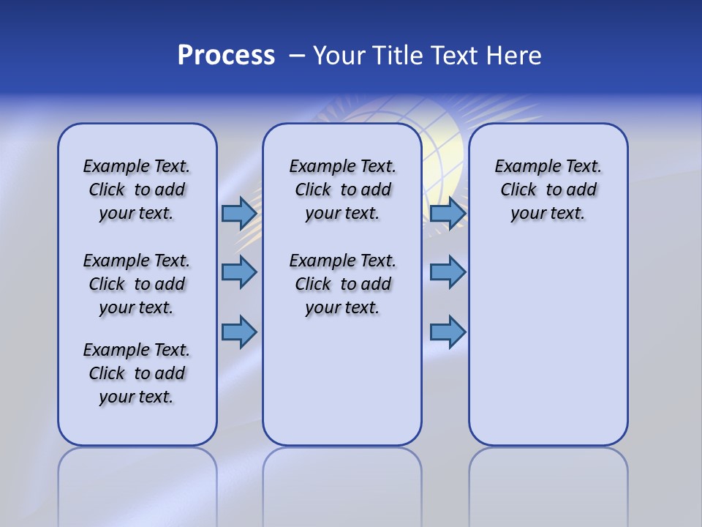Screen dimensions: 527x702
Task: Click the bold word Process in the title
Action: tap(226, 56)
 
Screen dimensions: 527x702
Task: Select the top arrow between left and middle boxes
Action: tap(239, 214)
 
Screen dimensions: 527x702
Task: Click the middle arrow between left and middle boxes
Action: tap(239, 272)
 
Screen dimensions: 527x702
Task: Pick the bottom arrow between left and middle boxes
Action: tap(239, 332)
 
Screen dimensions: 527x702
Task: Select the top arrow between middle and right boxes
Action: tap(448, 214)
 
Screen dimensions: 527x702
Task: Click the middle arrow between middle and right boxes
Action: tap(448, 272)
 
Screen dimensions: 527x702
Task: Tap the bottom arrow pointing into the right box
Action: tap(448, 332)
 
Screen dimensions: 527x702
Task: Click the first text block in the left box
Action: tap(137, 190)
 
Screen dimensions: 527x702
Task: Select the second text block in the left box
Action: tap(137, 284)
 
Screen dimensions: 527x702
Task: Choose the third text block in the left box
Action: tap(137, 373)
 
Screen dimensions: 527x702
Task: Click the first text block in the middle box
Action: tap(342, 190)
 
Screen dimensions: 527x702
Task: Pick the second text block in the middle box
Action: tap(342, 284)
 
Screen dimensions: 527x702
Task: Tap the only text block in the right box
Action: tap(548, 190)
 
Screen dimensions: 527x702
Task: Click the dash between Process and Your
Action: tap(297, 56)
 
